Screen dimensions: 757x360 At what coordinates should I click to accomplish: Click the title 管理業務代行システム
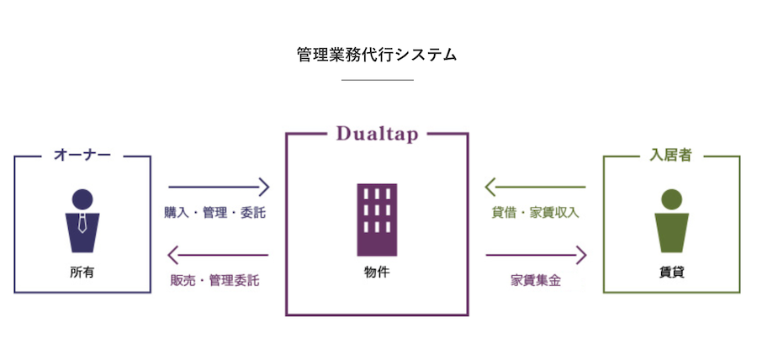377,55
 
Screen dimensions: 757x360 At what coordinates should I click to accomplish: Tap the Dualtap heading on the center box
377,134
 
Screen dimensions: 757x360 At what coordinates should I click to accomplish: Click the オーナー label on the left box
82,155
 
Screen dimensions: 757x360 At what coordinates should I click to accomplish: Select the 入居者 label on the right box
671,156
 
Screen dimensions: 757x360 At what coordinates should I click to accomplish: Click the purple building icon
377,220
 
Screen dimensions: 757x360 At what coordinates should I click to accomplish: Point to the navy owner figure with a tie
82,220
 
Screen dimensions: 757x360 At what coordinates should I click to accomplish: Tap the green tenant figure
671,220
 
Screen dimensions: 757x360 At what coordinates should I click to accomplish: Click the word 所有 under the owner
82,273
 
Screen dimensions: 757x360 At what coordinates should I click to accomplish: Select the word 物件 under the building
377,273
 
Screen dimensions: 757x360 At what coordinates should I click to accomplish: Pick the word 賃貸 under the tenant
671,273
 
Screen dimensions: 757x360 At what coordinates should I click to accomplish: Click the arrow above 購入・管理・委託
219,187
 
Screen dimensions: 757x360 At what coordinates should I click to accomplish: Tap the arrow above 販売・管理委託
218,255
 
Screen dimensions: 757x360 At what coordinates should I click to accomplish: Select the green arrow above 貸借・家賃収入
536,187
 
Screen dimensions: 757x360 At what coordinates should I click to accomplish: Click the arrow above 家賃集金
536,255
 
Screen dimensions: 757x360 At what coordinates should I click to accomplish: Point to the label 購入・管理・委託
214,213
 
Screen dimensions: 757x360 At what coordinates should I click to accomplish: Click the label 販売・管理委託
214,281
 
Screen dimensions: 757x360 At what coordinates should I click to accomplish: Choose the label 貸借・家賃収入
535,213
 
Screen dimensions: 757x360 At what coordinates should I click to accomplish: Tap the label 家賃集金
536,281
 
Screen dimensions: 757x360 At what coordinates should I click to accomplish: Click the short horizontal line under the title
378,80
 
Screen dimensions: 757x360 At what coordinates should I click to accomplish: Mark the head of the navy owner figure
82,199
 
